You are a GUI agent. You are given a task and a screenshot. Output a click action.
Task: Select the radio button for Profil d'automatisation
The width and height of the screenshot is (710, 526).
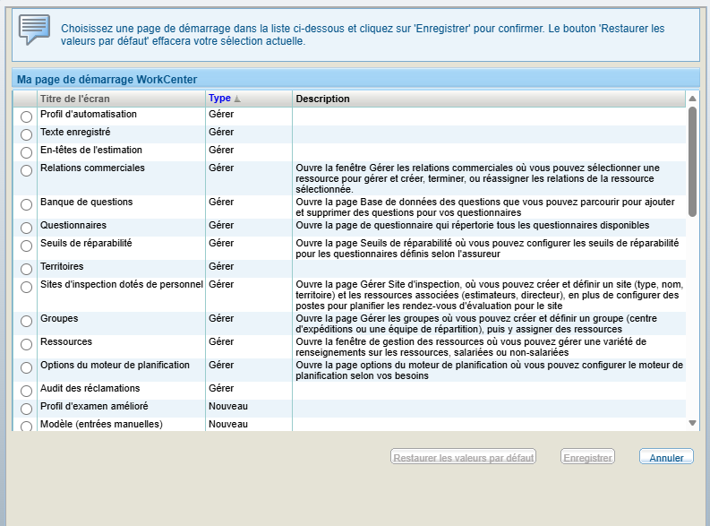tap(26, 117)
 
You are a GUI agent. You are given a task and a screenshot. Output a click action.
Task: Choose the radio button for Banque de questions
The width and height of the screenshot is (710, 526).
tap(26, 205)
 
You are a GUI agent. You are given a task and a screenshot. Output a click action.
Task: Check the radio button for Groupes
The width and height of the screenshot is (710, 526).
tap(26, 322)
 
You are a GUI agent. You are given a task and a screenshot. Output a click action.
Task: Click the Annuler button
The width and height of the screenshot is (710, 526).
tap(666, 458)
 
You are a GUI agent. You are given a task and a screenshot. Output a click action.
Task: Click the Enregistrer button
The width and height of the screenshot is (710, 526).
tap(587, 458)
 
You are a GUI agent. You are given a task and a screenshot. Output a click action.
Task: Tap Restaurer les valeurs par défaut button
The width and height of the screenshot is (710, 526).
tap(463, 458)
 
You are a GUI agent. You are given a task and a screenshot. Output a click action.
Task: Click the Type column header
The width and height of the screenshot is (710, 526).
tap(220, 99)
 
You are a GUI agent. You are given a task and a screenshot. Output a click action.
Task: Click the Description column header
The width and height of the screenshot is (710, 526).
tap(323, 99)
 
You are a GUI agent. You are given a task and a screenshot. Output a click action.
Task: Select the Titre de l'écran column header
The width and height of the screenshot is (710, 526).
tap(75, 99)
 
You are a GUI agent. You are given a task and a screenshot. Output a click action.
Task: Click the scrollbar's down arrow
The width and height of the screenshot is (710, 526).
tap(692, 422)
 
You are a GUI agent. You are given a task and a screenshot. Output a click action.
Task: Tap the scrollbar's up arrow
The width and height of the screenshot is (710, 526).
tap(692, 99)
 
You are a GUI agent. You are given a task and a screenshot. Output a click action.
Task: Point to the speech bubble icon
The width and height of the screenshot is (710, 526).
tap(34, 30)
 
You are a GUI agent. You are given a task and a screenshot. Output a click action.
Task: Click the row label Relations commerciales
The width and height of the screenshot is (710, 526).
tap(92, 168)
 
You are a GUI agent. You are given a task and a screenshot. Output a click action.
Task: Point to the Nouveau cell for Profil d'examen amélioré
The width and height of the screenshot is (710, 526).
tap(227, 406)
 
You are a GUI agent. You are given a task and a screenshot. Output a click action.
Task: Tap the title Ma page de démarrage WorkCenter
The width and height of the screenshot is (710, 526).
tap(107, 79)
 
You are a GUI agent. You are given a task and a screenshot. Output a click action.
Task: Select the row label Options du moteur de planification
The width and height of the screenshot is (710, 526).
tap(115, 365)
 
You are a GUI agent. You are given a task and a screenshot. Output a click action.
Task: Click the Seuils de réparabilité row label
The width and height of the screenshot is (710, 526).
tap(86, 243)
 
